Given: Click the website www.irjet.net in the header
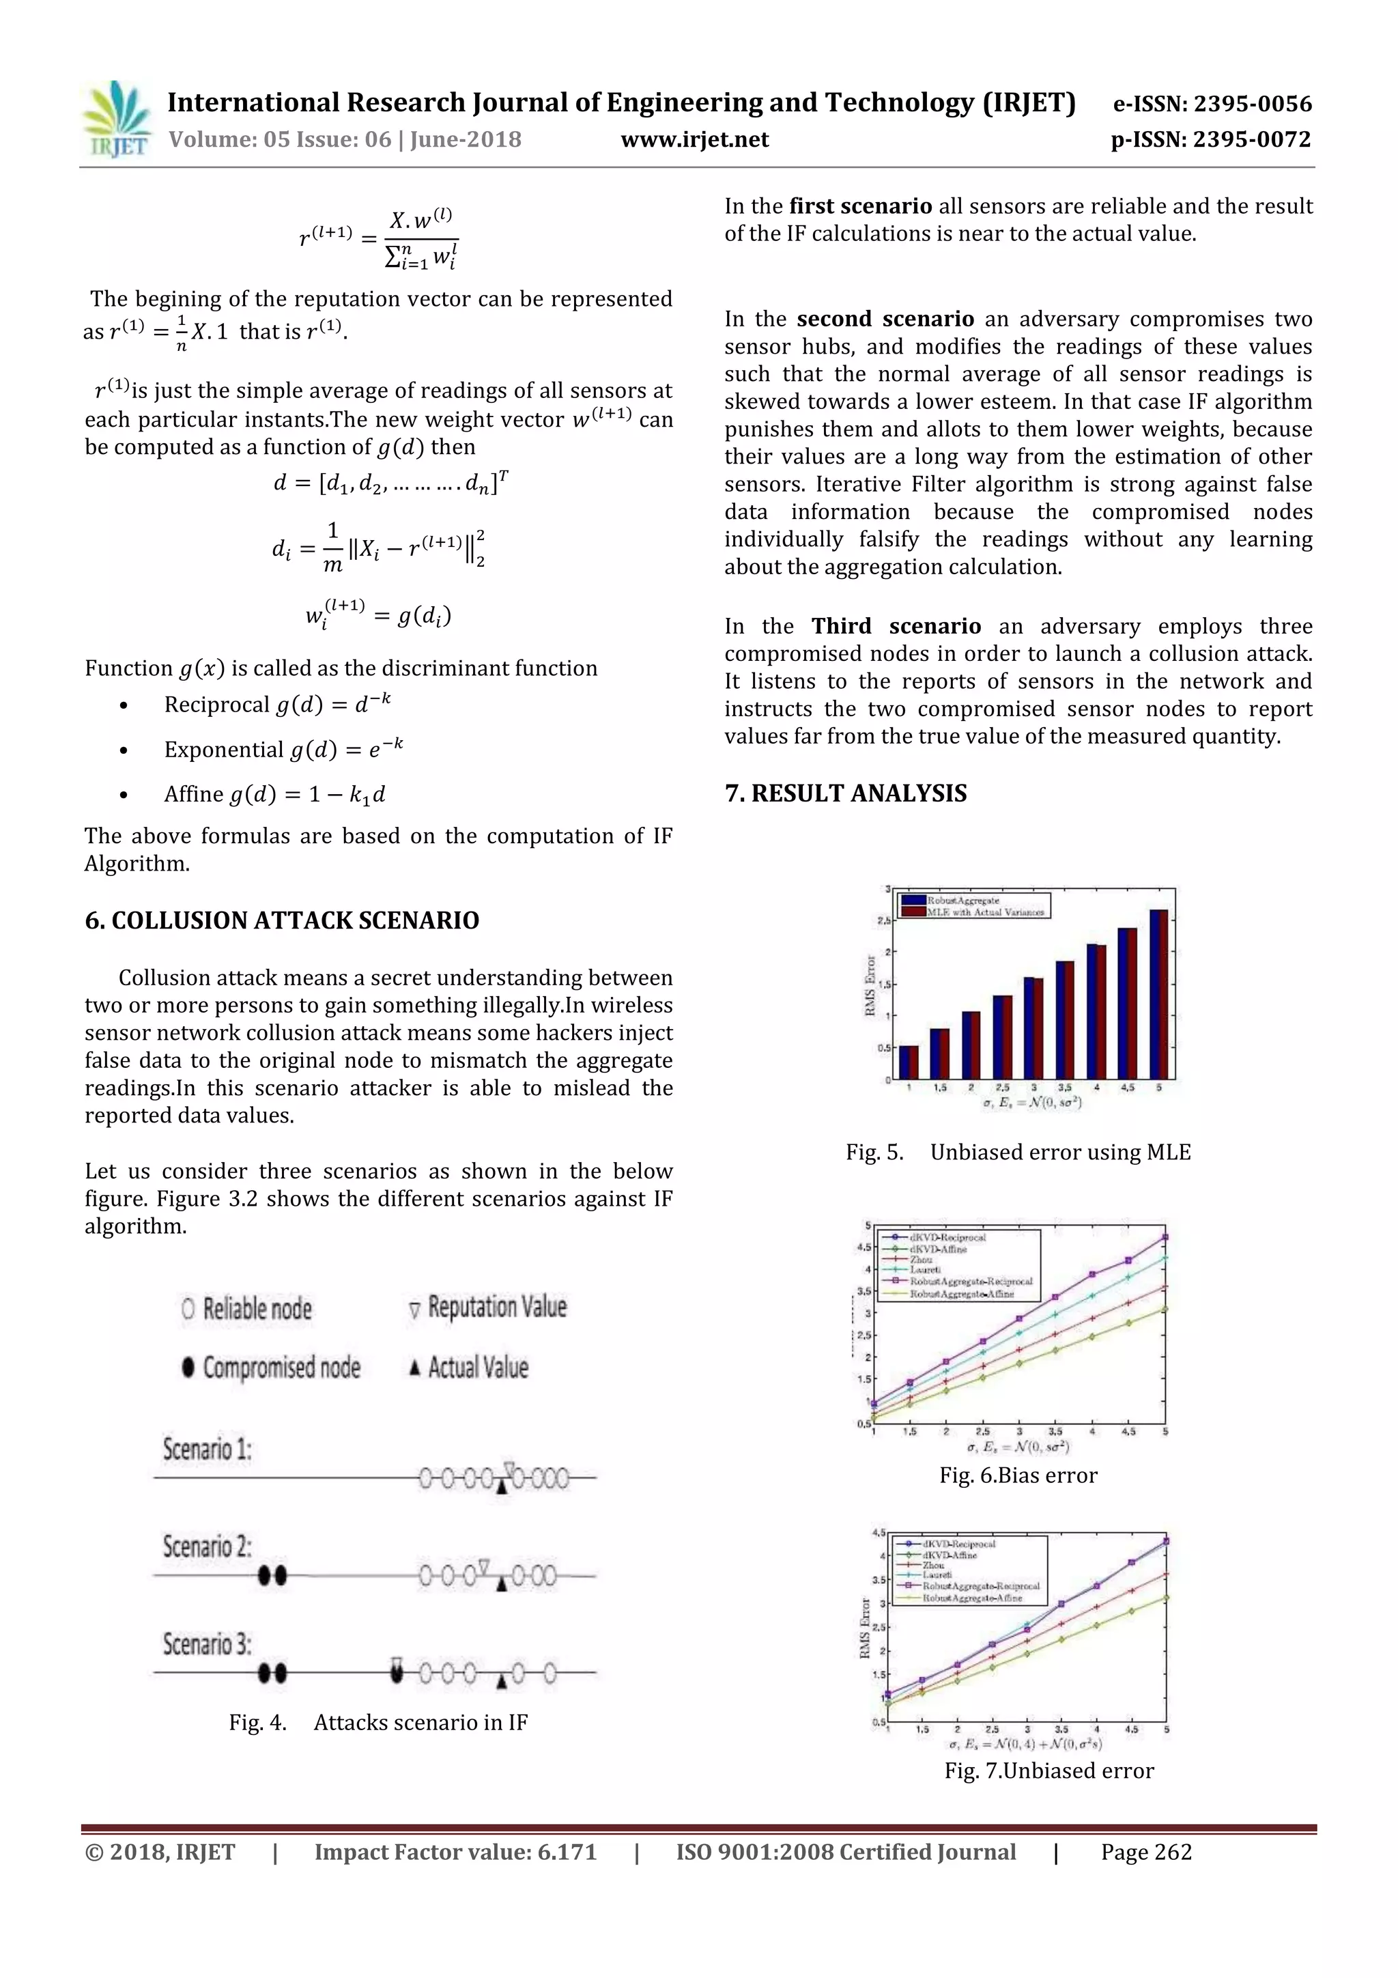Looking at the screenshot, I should click(694, 139).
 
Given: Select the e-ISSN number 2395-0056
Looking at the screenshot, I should click(1212, 104).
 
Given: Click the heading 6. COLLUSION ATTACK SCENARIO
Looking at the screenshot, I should click(282, 920).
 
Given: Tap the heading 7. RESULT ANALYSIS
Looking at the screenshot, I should click(846, 793).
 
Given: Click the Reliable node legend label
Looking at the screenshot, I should click(257, 1310).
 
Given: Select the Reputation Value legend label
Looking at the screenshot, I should click(497, 1307).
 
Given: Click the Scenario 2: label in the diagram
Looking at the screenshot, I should click(208, 1546).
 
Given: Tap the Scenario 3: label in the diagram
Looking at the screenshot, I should click(208, 1643).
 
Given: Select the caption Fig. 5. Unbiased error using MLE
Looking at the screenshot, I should click(1018, 1152).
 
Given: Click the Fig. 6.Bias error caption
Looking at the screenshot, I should click(1018, 1475).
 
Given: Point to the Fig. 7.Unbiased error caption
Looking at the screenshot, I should click(1048, 1770).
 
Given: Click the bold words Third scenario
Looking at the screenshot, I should click(896, 626).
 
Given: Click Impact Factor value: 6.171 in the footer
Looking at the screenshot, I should click(455, 1852).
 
